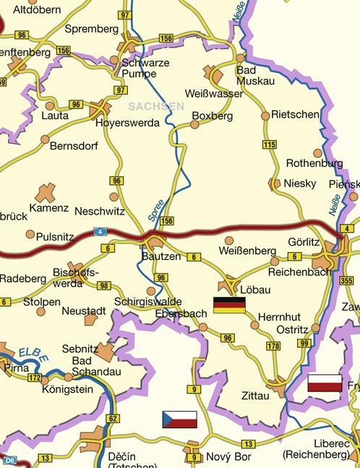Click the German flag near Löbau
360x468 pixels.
tap(229, 305)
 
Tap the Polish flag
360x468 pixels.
tap(325, 383)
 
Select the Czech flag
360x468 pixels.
tap(179, 420)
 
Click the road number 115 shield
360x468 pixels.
tap(270, 144)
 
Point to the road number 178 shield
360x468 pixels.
tap(273, 346)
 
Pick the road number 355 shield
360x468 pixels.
tap(347, 281)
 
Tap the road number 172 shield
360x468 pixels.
tap(35, 377)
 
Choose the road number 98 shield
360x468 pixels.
tap(103, 286)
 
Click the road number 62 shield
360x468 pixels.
tap(112, 418)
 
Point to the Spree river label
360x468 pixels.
tap(155, 209)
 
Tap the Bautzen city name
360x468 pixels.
tap(161, 256)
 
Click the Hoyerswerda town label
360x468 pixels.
tap(128, 123)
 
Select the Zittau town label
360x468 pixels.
tap(255, 396)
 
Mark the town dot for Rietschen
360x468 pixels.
tap(265, 116)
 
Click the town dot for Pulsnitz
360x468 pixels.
tap(30, 234)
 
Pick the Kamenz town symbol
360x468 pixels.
tap(46, 192)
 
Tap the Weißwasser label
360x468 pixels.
tap(214, 94)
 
